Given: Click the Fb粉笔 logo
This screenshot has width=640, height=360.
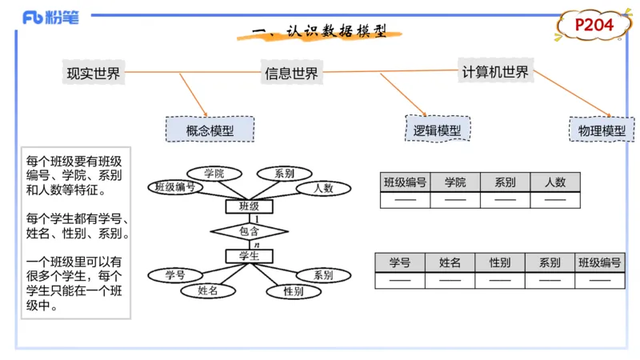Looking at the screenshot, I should click(x=50, y=18).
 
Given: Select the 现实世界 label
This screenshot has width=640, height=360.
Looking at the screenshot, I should click(x=94, y=74).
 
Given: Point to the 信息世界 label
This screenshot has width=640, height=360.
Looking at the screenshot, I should click(x=291, y=74).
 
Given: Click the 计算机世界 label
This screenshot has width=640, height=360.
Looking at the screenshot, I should click(x=495, y=72).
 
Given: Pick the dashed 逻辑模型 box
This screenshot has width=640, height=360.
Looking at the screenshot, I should click(x=437, y=130).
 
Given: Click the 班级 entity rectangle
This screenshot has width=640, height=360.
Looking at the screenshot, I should click(x=249, y=206).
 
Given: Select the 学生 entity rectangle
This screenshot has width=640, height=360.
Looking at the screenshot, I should click(x=249, y=256).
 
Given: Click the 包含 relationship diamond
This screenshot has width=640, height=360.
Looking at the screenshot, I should click(x=249, y=231).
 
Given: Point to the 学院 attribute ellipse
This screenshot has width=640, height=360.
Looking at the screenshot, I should click(x=214, y=174).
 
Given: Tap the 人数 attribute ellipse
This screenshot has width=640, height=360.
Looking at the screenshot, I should click(x=323, y=189).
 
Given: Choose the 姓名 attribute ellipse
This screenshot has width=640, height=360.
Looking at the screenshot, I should click(x=207, y=291).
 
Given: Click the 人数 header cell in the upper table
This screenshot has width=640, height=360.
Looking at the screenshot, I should click(x=555, y=182).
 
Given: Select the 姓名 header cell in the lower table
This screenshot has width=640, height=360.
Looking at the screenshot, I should click(x=450, y=262).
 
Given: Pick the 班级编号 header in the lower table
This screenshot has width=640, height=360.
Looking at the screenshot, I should click(x=600, y=262).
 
